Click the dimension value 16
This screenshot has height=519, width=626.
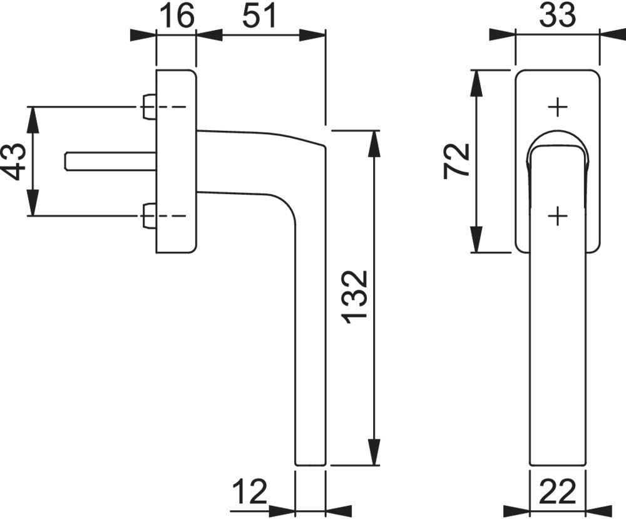click(x=177, y=16)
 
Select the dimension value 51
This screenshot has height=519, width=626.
click(x=260, y=16)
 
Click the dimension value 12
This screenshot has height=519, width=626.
click(x=250, y=492)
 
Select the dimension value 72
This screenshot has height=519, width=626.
click(x=456, y=160)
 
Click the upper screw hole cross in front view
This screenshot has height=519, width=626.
click(x=557, y=108)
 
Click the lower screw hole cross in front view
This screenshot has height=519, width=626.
click(x=557, y=216)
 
